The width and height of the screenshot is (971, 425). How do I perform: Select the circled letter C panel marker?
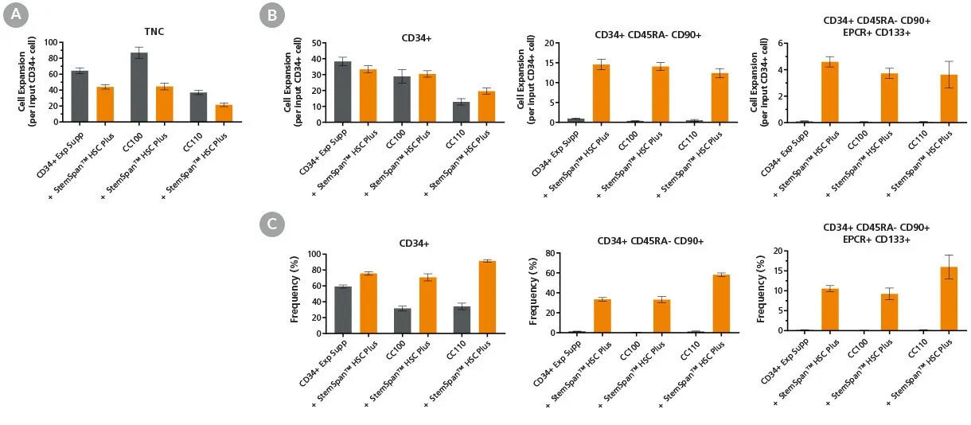click(273, 225)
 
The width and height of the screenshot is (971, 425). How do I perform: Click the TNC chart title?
click(143, 32)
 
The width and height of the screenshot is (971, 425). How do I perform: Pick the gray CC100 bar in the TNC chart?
click(139, 88)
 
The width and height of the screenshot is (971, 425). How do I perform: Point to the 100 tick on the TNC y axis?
click(55, 42)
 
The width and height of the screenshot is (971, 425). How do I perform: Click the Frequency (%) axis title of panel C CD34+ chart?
click(294, 293)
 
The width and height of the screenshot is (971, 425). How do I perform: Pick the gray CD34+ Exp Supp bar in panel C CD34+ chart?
click(320, 310)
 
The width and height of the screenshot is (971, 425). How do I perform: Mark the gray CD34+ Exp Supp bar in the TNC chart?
click(80, 96)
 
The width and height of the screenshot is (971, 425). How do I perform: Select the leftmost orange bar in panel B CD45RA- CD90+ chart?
click(601, 93)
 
